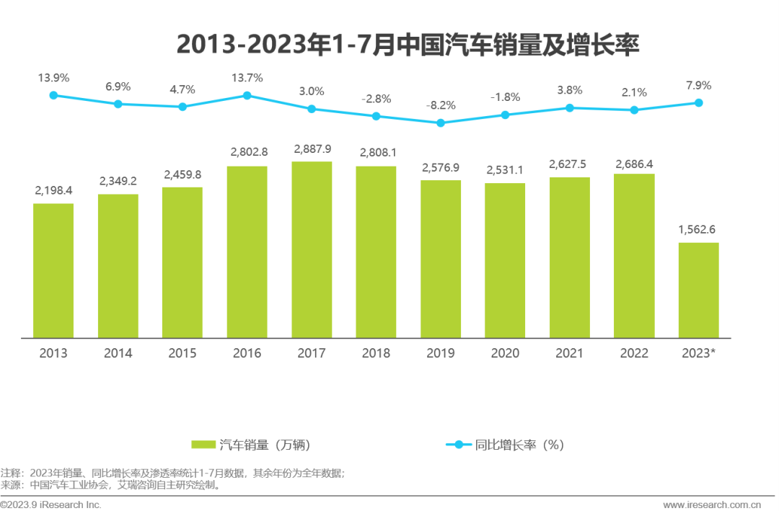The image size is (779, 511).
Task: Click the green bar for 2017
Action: click(312, 249)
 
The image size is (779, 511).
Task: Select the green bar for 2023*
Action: click(698, 290)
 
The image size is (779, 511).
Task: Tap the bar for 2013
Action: click(53, 270)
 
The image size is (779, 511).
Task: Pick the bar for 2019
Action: click(441, 259)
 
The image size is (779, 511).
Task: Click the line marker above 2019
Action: click(441, 123)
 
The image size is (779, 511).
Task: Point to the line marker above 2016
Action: click(247, 95)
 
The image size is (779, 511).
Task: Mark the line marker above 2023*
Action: click(698, 102)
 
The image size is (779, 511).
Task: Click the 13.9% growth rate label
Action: click(53, 77)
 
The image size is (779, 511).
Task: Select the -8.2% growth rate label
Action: click(441, 105)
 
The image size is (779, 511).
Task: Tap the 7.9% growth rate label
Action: click(698, 85)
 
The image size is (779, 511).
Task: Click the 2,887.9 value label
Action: click(312, 149)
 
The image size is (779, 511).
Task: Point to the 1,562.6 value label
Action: click(698, 230)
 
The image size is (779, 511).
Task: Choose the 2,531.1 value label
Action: click(505, 171)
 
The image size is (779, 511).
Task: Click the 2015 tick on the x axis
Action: click(182, 353)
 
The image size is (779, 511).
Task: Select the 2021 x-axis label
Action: click(570, 353)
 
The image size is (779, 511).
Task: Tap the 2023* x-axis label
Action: click(698, 353)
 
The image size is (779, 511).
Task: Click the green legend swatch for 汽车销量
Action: click(203, 445)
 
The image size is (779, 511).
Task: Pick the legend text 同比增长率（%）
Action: click(519, 445)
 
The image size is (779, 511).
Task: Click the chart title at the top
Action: click(408, 45)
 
